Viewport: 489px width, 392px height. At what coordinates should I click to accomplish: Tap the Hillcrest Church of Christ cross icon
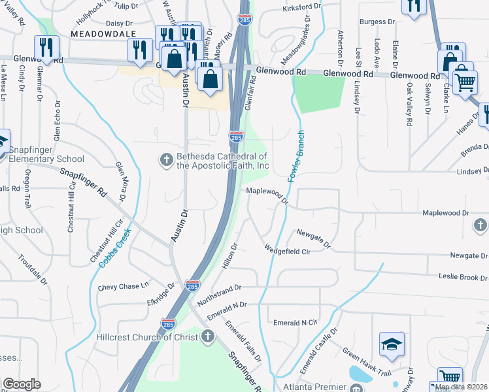207,336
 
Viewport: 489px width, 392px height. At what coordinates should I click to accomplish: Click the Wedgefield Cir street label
290,250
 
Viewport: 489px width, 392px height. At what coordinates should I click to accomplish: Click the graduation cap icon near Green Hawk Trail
392,345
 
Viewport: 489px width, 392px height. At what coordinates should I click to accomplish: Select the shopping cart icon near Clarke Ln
464,82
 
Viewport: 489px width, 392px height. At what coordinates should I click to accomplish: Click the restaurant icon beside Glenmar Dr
46,47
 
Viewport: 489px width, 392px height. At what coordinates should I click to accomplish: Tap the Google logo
22,384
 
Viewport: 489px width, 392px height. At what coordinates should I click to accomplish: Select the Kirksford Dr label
302,7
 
